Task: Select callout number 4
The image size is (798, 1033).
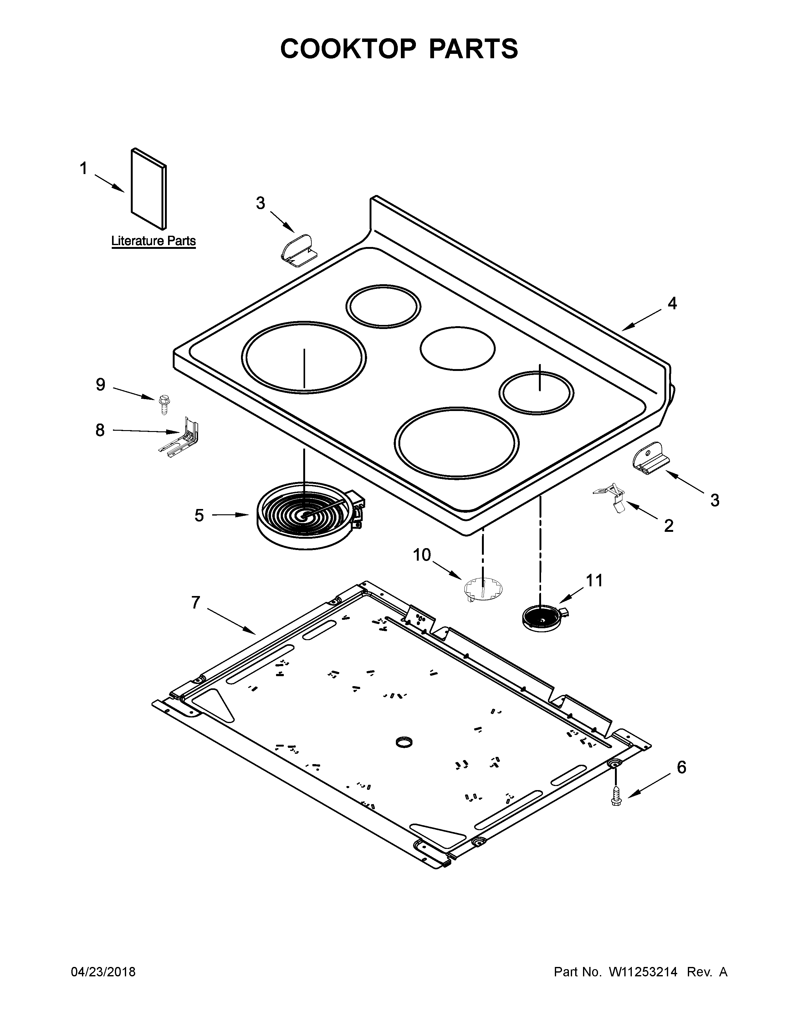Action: pos(672,303)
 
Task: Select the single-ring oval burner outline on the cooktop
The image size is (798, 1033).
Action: pos(457,348)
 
